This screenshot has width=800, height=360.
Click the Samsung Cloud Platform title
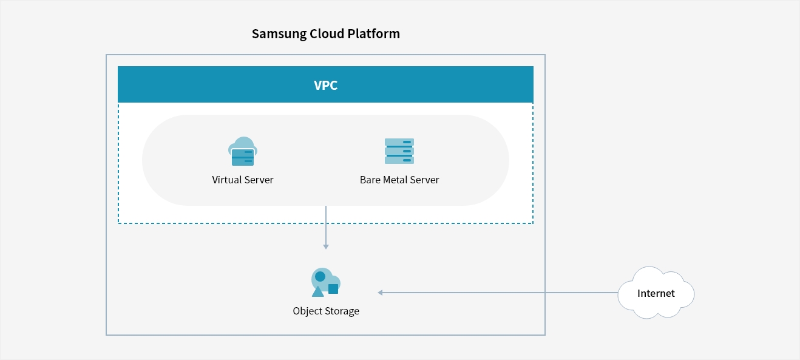(x=326, y=34)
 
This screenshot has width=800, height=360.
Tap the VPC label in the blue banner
(x=326, y=86)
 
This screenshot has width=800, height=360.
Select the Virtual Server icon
(x=243, y=151)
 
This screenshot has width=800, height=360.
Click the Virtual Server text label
(x=243, y=180)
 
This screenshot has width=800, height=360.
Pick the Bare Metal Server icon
(x=399, y=151)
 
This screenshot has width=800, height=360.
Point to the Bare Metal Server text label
(x=399, y=180)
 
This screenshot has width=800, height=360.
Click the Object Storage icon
(x=326, y=282)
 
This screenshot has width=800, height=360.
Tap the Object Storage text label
(x=326, y=311)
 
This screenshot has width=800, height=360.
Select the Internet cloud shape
(x=656, y=293)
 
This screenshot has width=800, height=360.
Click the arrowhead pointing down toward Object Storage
(x=326, y=247)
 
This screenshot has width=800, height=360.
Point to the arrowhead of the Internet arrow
(x=381, y=293)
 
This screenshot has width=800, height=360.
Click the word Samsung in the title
(x=279, y=34)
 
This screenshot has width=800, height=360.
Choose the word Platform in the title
(x=373, y=33)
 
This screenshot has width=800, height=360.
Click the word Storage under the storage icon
(x=342, y=311)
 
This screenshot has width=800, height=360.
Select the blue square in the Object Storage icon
(x=333, y=288)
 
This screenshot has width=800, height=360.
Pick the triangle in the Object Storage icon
(x=317, y=291)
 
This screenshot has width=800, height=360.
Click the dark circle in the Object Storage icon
(x=320, y=276)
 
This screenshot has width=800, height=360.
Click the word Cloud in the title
(x=327, y=33)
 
